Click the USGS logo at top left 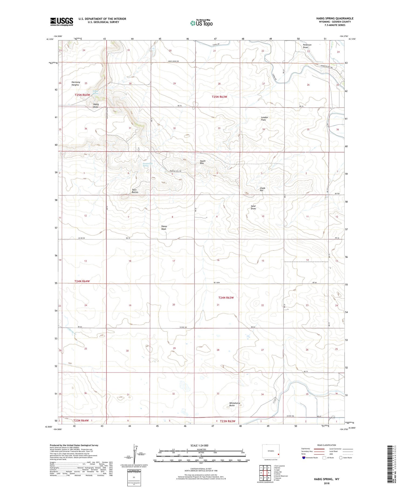coord(62,22)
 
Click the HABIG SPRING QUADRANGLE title coord(335,18)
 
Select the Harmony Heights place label coord(75,83)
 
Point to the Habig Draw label coord(96,105)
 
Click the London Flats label coord(264,118)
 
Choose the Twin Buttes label coord(135,191)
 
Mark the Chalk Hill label coord(262,189)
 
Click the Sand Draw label coord(253,207)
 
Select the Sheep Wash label coord(164,228)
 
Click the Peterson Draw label coord(307,46)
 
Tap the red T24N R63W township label coord(226,297)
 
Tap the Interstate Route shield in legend coord(304,457)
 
